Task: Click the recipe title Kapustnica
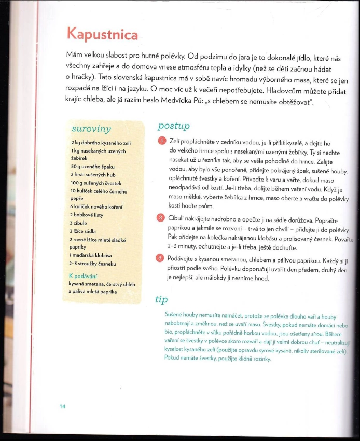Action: point(102,34)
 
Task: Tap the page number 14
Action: point(62,406)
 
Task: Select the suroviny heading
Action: point(91,129)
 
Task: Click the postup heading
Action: point(173,127)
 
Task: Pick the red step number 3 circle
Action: point(160,258)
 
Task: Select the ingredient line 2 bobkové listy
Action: point(86,214)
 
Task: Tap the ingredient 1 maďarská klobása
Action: point(91,256)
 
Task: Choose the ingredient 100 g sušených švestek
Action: point(96,183)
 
